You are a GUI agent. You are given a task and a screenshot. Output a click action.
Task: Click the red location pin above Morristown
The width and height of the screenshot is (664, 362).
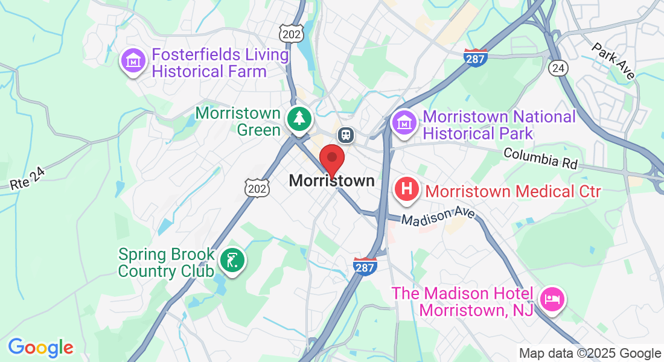click(331, 159)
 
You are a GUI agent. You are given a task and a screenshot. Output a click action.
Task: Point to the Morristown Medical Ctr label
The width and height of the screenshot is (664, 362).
click(513, 192)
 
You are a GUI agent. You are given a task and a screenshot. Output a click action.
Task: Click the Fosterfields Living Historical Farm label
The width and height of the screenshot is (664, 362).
click(220, 63)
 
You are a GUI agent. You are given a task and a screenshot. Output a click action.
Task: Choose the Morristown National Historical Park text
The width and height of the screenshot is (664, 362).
click(499, 124)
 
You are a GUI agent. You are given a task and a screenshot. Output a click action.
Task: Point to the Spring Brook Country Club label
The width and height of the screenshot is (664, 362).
click(166, 262)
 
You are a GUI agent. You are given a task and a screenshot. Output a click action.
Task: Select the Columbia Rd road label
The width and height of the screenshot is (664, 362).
click(541, 159)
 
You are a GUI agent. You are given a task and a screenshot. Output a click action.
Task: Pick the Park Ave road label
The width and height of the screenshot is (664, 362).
click(613, 60)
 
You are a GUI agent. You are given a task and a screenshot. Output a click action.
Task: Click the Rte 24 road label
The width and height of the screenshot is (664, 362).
click(28, 179)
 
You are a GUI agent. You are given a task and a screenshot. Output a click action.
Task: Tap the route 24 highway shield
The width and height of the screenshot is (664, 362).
click(557, 68)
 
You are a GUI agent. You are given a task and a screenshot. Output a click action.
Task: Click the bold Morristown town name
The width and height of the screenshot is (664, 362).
click(331, 180)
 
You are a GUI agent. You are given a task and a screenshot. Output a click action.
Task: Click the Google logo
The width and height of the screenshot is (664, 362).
click(40, 347)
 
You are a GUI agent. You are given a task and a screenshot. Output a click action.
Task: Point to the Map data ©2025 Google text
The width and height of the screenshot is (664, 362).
click(590, 354)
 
